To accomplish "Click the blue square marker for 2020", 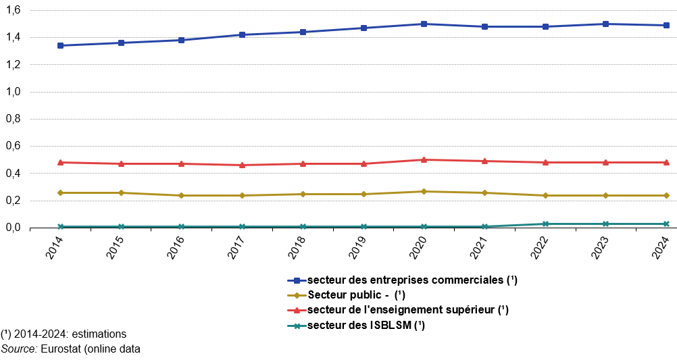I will click(x=424, y=24).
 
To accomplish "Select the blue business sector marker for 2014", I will click(x=61, y=45).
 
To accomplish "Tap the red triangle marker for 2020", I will click(x=424, y=160).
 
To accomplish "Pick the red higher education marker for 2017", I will click(x=243, y=165).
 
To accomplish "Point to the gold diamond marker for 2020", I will click(x=424, y=191).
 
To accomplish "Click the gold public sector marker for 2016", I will click(x=182, y=195).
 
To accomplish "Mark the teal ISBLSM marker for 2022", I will click(x=545, y=224).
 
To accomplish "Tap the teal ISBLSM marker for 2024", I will click(x=666, y=224).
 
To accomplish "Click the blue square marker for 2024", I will click(x=666, y=25).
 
